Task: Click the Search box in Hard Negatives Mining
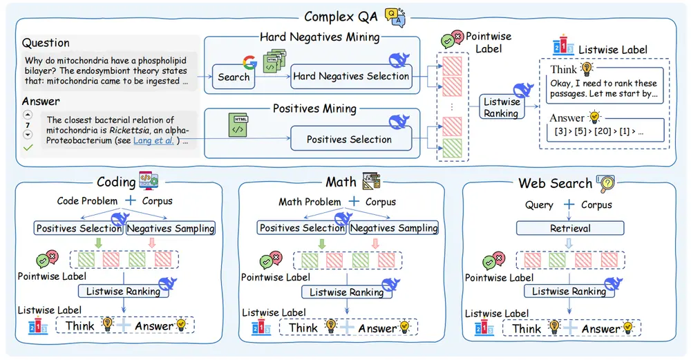(233, 77)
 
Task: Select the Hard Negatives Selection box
(350, 76)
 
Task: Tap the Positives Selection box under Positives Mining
(349, 139)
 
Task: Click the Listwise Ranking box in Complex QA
(502, 107)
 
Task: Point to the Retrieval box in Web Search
(569, 227)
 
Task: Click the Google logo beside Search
(249, 63)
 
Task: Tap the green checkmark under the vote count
(28, 147)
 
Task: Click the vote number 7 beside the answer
(28, 125)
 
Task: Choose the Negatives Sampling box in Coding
(171, 228)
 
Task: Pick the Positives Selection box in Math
(301, 228)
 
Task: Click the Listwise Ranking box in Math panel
(346, 292)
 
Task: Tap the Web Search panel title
(555, 183)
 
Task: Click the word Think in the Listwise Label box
(563, 69)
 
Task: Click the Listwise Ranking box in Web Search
(569, 292)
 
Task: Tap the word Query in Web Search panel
(539, 205)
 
